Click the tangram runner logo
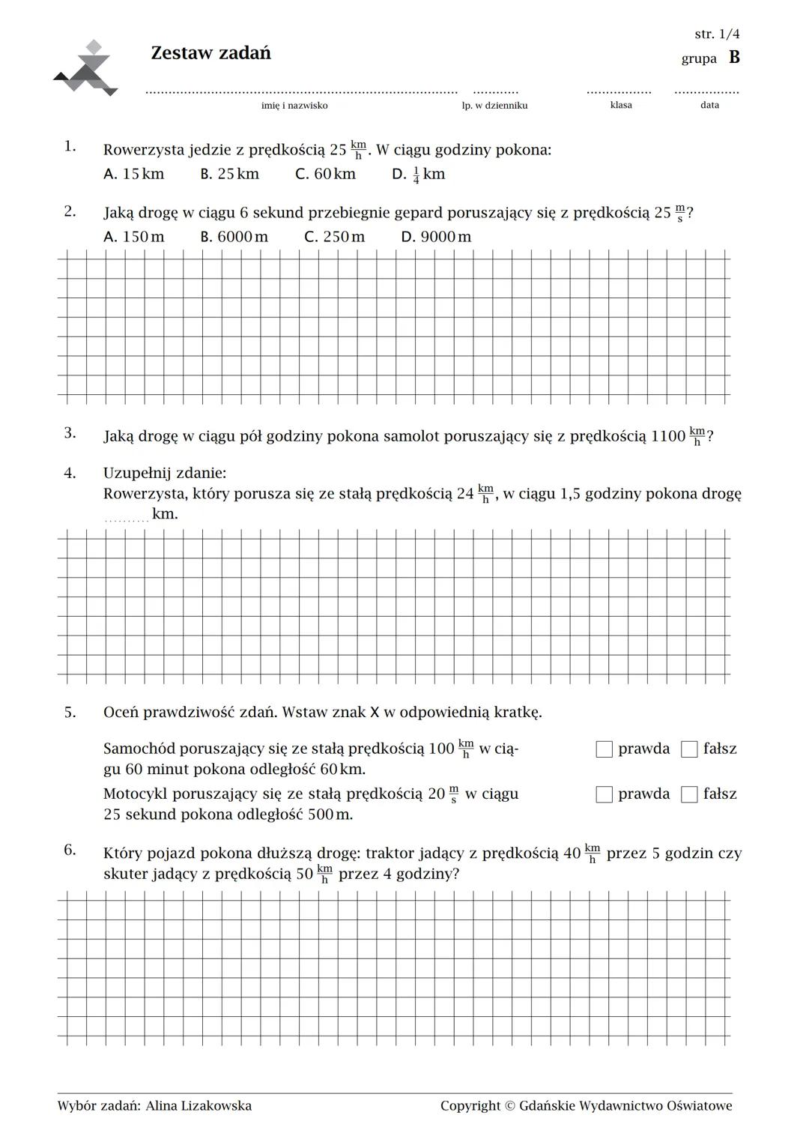pyautogui.click(x=87, y=69)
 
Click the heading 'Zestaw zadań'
pyautogui.click(x=210, y=53)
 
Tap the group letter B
pyautogui.click(x=734, y=58)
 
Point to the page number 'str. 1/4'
pyautogui.click(x=717, y=34)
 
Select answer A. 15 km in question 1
pyautogui.click(x=133, y=174)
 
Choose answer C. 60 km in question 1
pyautogui.click(x=325, y=174)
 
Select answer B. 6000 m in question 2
pyautogui.click(x=234, y=237)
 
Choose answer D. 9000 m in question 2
pyautogui.click(x=436, y=237)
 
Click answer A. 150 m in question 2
pyautogui.click(x=133, y=237)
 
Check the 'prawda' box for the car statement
pyautogui.click(x=605, y=749)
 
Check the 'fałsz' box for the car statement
pyautogui.click(x=689, y=749)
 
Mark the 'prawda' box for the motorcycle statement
pyautogui.click(x=605, y=794)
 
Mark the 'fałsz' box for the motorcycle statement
pyautogui.click(x=689, y=794)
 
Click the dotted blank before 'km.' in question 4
pyautogui.click(x=126, y=517)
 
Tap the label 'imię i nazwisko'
pyautogui.click(x=294, y=106)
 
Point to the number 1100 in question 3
pyautogui.click(x=668, y=436)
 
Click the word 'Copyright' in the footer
pyautogui.click(x=470, y=1106)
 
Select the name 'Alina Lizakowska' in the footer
pyautogui.click(x=199, y=1106)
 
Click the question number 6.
pyautogui.click(x=70, y=850)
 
